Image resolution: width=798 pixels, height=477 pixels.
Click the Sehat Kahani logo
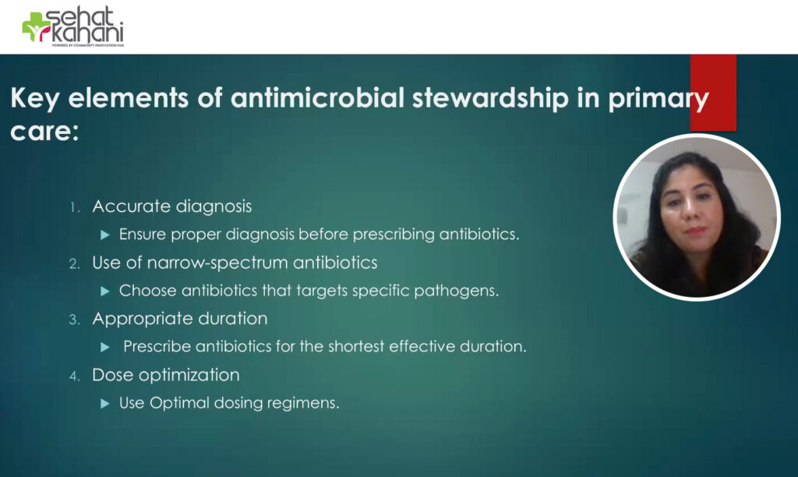pyautogui.click(x=72, y=27)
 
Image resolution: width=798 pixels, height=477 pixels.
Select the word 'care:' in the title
pyautogui.click(x=44, y=130)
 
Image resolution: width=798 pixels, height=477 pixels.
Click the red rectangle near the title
pyautogui.click(x=713, y=83)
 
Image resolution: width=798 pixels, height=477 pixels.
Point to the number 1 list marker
pyautogui.click(x=75, y=207)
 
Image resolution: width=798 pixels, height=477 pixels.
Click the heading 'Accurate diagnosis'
pyautogui.click(x=171, y=207)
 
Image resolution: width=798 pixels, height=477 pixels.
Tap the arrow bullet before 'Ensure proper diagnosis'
pyautogui.click(x=105, y=235)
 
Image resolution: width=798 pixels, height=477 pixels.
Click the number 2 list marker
pyautogui.click(x=74, y=263)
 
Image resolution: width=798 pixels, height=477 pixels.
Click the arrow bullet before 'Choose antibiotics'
pyautogui.click(x=105, y=291)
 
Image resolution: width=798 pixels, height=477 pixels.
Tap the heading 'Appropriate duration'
pyautogui.click(x=179, y=319)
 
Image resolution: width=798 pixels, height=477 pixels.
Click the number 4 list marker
pyautogui.click(x=74, y=376)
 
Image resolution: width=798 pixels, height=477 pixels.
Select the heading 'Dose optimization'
pyautogui.click(x=165, y=375)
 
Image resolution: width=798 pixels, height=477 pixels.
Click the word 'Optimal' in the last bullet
pyautogui.click(x=178, y=403)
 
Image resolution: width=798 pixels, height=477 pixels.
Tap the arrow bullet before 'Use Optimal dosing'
pyautogui.click(x=105, y=403)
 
